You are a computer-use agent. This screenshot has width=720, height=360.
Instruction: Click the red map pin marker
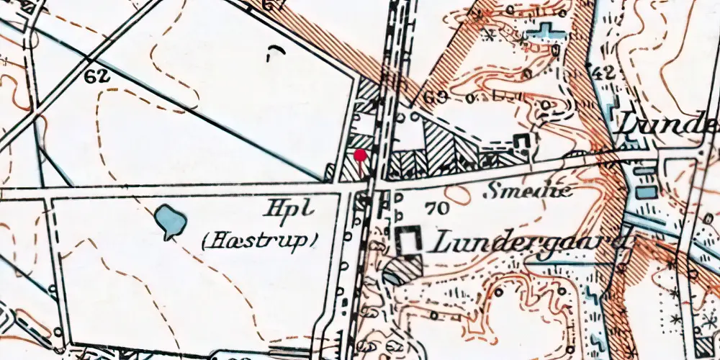click(x=361, y=154)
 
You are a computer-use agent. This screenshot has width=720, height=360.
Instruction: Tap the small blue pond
click(x=169, y=220)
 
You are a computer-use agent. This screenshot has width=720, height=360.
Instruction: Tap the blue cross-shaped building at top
click(x=546, y=32)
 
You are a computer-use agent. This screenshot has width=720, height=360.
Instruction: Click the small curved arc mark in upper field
click(x=274, y=51)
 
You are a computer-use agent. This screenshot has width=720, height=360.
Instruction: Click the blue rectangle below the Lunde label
click(x=647, y=192)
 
